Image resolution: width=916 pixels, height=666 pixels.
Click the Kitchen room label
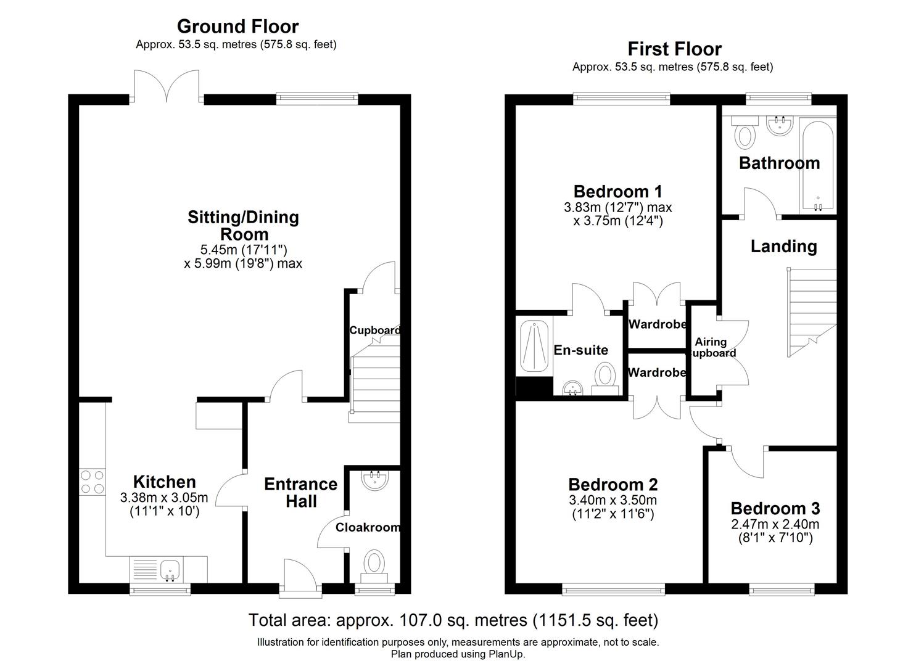pyautogui.click(x=165, y=482)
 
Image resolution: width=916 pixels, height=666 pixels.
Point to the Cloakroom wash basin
pyautogui.click(x=375, y=481)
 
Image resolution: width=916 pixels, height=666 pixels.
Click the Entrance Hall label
pyautogui.click(x=300, y=492)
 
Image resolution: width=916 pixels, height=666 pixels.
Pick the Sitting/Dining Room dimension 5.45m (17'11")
pyautogui.click(x=243, y=250)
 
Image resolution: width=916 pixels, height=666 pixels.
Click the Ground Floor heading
pyautogui.click(x=237, y=27)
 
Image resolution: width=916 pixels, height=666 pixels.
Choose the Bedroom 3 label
pyautogui.click(x=775, y=509)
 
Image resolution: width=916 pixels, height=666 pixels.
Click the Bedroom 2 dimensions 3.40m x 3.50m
pyautogui.click(x=613, y=500)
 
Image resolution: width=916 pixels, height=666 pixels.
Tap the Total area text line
pyautogui.click(x=453, y=620)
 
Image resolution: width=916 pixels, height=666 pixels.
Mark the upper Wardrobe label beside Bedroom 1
pyautogui.click(x=657, y=324)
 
